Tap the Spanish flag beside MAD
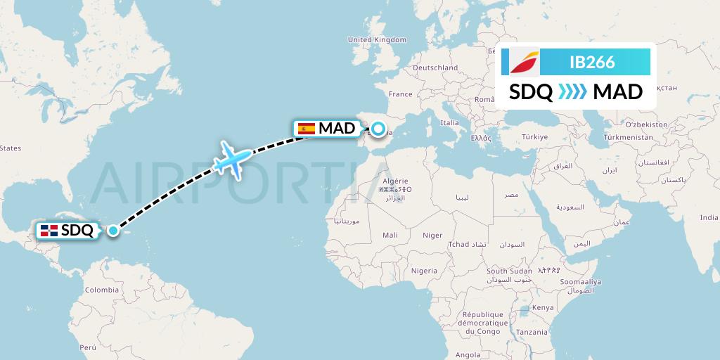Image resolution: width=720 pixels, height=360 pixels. pyautogui.click(x=307, y=129)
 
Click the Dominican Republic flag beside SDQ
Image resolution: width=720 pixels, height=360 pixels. pyautogui.click(x=49, y=230)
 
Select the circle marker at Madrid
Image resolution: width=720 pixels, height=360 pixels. pyautogui.click(x=379, y=129)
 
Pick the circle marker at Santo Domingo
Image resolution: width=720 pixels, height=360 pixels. pyautogui.click(x=112, y=230)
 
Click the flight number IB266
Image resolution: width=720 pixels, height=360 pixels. pyautogui.click(x=592, y=63)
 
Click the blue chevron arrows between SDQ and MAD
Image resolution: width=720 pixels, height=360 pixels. pyautogui.click(x=572, y=92)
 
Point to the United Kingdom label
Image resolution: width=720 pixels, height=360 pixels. pyautogui.click(x=378, y=40)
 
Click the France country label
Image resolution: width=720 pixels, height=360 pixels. pyautogui.click(x=400, y=94)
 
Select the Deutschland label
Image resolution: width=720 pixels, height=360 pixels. pyautogui.click(x=435, y=67)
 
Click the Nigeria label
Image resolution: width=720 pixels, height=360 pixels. pyautogui.click(x=424, y=270)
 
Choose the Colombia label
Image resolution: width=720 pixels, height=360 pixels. pyautogui.click(x=101, y=290)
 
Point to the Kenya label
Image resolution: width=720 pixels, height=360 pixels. pyautogui.click(x=543, y=308)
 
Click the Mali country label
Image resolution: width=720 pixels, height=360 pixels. pyautogui.click(x=390, y=236)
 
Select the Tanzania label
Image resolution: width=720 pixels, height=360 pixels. pyautogui.click(x=532, y=331)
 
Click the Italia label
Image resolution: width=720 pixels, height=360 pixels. pyautogui.click(x=449, y=122)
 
